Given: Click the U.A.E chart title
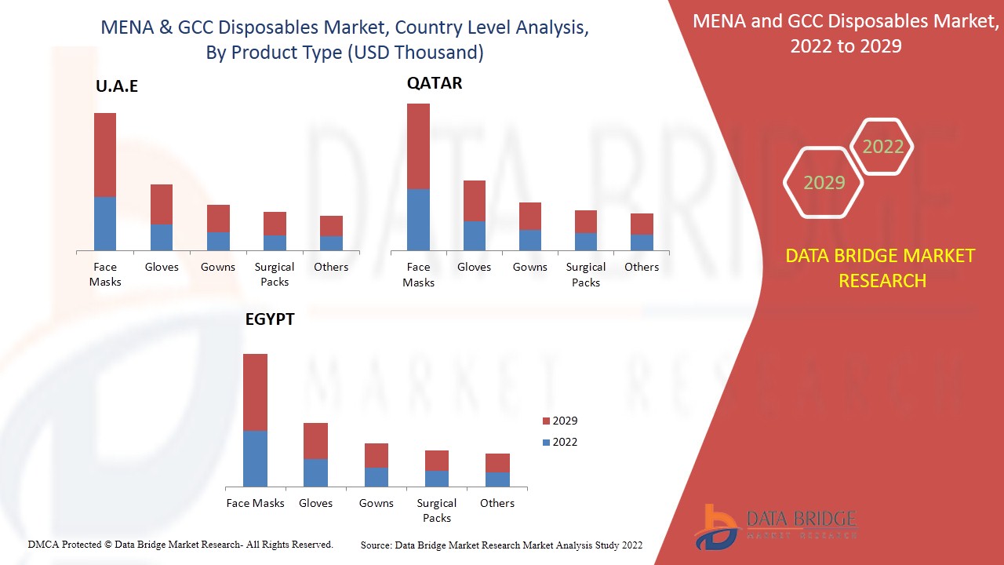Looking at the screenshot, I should coord(117,86).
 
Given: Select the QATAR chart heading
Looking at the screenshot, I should coord(434,83).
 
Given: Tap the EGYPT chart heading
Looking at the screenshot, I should coord(269,320).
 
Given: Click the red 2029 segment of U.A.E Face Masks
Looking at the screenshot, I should coord(105,155).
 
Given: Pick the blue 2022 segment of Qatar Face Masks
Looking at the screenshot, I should coord(418,220).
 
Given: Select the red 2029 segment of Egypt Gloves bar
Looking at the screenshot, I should coord(315,440).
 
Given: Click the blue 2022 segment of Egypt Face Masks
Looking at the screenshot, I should coord(255,458).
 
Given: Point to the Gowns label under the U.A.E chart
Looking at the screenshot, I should coord(217,267).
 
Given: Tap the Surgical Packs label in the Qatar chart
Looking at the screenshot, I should coord(586,275).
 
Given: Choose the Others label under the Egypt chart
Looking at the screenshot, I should coord(497,503).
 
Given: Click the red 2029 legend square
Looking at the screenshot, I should coord(546,421).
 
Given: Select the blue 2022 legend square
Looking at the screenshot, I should coord(546,443).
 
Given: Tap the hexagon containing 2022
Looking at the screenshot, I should coord(882,147).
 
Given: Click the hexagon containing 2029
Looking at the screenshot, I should coord(824,183).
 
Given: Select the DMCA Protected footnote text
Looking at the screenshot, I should coord(180,544).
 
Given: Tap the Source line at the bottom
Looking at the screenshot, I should coord(501,545).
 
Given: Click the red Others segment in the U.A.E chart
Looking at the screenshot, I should coord(331,226).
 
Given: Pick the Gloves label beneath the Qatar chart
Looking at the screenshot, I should coord(474,267).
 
